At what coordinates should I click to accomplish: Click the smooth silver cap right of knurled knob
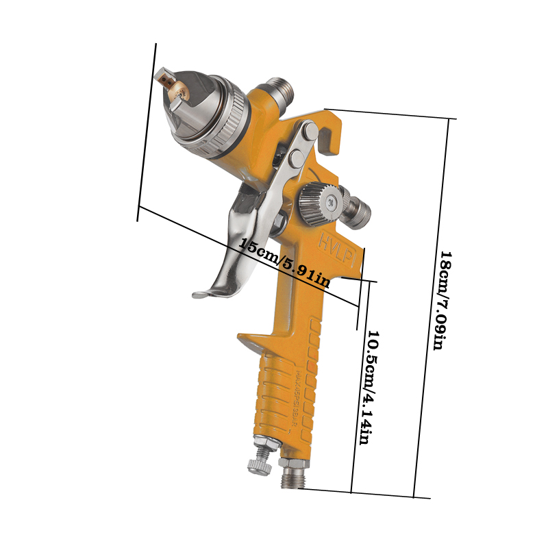[x=358, y=209]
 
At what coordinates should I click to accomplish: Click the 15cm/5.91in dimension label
[x=285, y=260]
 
